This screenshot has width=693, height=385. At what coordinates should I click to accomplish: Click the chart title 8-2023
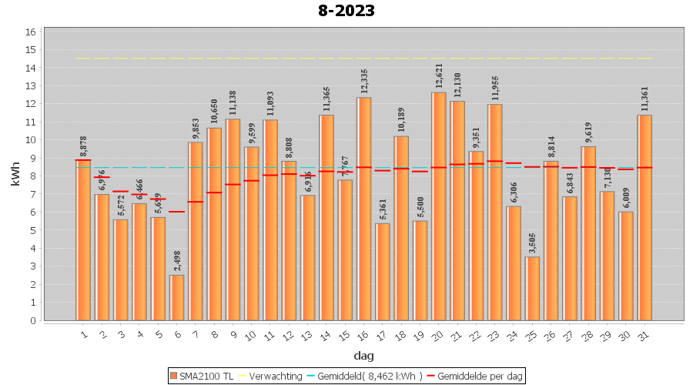coord(346,11)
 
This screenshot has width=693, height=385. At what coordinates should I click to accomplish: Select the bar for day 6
coord(177,297)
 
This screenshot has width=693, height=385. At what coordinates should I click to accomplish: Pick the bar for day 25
coord(532,288)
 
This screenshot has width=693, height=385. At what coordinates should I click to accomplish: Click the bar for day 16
coord(363,209)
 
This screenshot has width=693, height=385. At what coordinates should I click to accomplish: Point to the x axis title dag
coord(364,355)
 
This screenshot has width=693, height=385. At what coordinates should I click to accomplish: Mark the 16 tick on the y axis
coord(31,32)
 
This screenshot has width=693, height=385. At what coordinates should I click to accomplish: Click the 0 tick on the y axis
coord(32,320)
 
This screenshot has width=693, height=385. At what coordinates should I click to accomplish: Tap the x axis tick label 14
coord(325,336)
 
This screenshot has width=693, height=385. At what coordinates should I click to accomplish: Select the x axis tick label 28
coord(587,336)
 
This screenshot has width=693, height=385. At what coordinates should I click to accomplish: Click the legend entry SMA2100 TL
coord(203,376)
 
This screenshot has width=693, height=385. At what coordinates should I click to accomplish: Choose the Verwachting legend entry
coord(271,376)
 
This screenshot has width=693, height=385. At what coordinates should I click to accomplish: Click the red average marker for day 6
coord(177,212)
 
